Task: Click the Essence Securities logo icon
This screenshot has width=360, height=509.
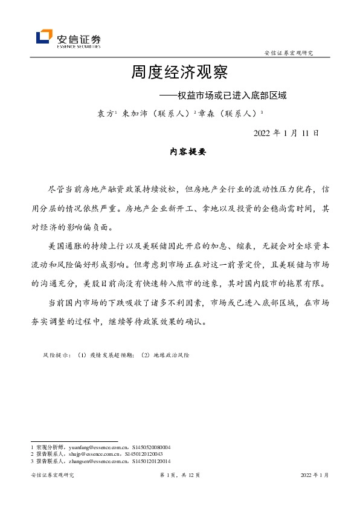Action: [43, 37]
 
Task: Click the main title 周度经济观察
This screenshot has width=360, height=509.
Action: [179, 73]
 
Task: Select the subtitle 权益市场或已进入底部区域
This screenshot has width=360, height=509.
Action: [231, 96]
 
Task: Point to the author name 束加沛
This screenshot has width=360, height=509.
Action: [135, 113]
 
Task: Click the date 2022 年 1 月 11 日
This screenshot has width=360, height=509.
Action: [286, 132]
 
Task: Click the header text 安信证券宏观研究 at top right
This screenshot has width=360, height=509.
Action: [289, 54]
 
